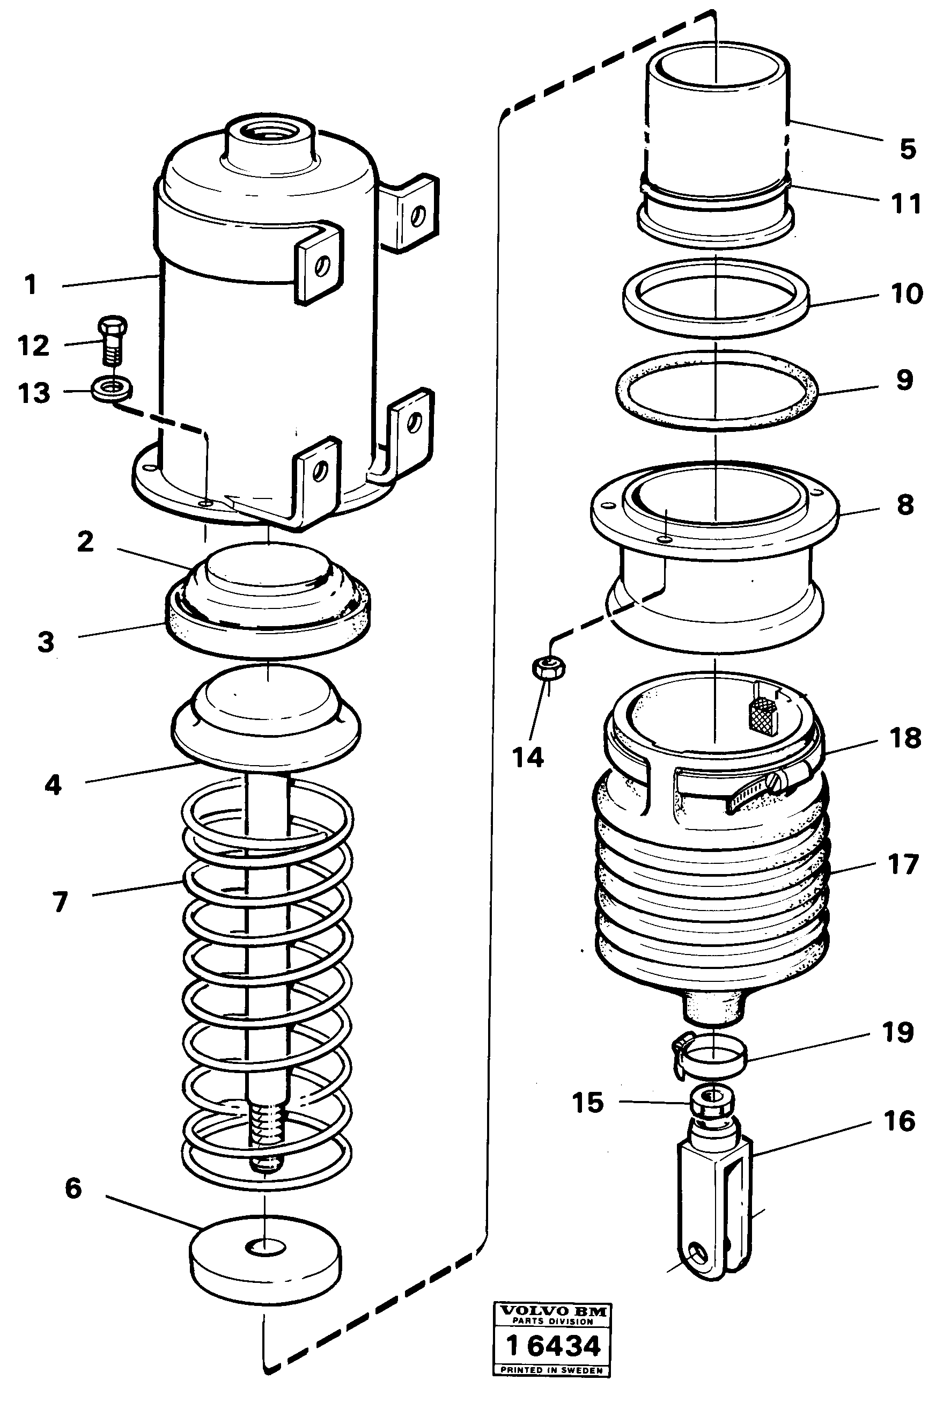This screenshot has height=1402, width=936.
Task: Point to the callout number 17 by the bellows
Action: click(903, 864)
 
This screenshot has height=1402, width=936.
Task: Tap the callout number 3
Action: click(46, 642)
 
